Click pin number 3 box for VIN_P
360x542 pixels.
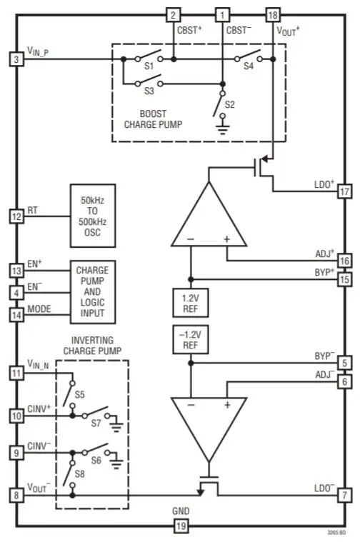click(16, 59)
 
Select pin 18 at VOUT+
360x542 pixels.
click(272, 15)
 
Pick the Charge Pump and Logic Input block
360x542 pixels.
click(92, 292)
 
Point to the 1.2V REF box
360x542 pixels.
click(190, 301)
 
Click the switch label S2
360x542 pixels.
click(229, 104)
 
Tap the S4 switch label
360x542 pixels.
click(248, 66)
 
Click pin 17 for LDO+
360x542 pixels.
click(344, 191)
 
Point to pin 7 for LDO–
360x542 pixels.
click(344, 494)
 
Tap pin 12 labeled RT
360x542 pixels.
click(16, 215)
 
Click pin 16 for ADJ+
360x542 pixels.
click(344, 261)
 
